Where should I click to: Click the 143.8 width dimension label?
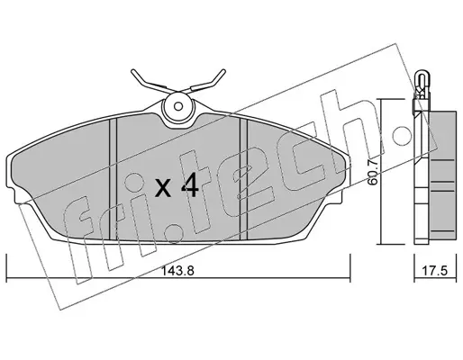click(x=178, y=271)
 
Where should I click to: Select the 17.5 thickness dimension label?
click(x=435, y=271)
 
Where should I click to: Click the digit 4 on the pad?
click(x=190, y=185)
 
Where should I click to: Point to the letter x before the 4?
click(x=164, y=189)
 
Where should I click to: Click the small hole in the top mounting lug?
click(x=178, y=106)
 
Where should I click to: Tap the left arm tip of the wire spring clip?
click(x=132, y=71)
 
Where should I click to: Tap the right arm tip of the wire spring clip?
click(x=223, y=71)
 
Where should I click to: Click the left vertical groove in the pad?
click(x=113, y=179)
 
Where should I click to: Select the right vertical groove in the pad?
click(x=243, y=179)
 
